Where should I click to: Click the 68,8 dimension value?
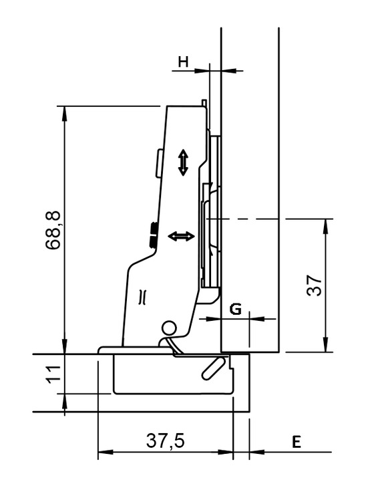[x=53, y=230]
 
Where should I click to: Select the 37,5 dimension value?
[x=166, y=441]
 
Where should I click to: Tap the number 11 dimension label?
[x=53, y=375]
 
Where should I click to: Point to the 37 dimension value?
[x=314, y=285]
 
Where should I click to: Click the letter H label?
[x=183, y=62]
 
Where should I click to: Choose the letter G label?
[x=235, y=309]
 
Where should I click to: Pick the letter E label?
[x=297, y=442]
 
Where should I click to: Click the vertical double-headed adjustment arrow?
[x=183, y=162]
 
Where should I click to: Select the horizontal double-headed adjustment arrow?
[x=181, y=236]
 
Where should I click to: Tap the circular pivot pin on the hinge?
[x=169, y=329]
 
